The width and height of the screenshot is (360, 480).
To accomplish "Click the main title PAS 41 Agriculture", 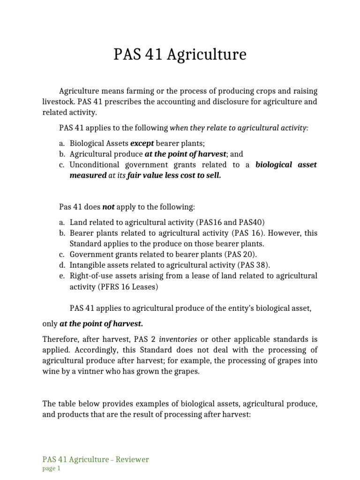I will click(180, 55).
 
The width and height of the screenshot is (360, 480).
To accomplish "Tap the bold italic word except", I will click(142, 143).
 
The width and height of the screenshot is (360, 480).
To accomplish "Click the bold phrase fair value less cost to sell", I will click(174, 175).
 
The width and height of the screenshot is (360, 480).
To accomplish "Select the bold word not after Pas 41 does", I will click(108, 206).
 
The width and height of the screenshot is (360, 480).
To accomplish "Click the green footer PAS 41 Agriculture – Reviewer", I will click(96, 459).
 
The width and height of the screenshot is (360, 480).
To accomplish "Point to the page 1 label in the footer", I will click(52, 468).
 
